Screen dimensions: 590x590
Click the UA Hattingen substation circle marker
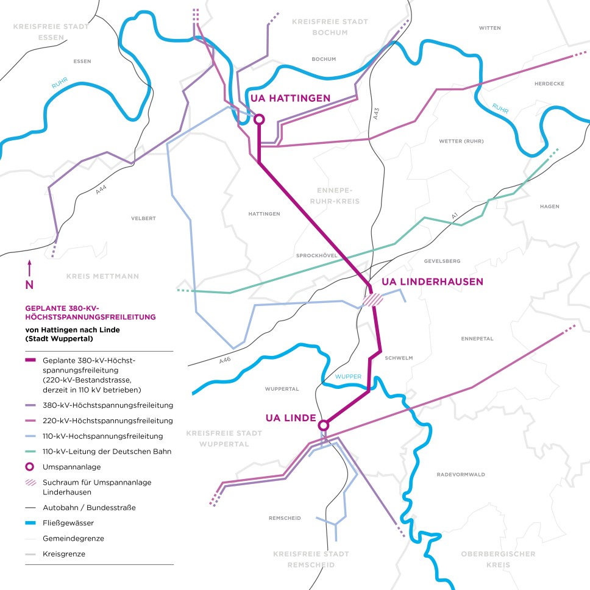click(259, 119)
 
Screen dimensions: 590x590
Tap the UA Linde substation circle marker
click(324, 425)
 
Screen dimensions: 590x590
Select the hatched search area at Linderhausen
click(372, 299)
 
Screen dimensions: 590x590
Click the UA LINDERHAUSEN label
click(432, 282)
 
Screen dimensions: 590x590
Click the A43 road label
click(376, 113)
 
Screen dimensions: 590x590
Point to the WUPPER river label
click(348, 377)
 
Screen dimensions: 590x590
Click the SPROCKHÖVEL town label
click(316, 256)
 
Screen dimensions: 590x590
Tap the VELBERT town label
click(144, 218)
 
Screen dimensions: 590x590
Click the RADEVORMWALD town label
click(460, 474)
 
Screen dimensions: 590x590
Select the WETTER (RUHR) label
click(461, 141)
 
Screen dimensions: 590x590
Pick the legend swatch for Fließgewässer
click(32, 523)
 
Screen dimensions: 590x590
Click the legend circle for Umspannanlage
click(32, 466)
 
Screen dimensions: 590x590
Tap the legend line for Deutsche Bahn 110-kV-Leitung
click(32, 452)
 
